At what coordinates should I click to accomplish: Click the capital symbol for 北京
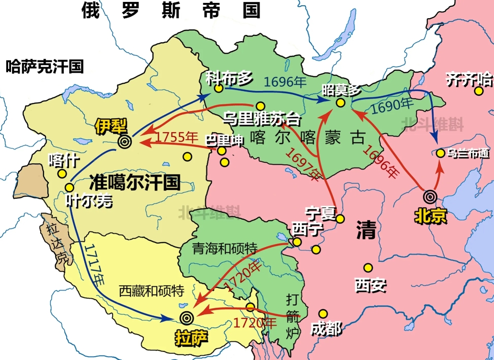[x=430, y=196]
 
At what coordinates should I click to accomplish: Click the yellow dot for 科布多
[x=218, y=89]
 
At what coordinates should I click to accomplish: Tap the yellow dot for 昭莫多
[x=340, y=102]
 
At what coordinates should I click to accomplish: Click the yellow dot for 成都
[x=323, y=314]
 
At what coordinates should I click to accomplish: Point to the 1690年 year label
[x=392, y=106]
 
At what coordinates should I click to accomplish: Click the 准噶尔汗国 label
[x=135, y=182]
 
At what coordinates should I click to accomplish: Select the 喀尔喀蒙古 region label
[x=302, y=137]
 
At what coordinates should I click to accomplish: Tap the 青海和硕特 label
[x=225, y=248]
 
